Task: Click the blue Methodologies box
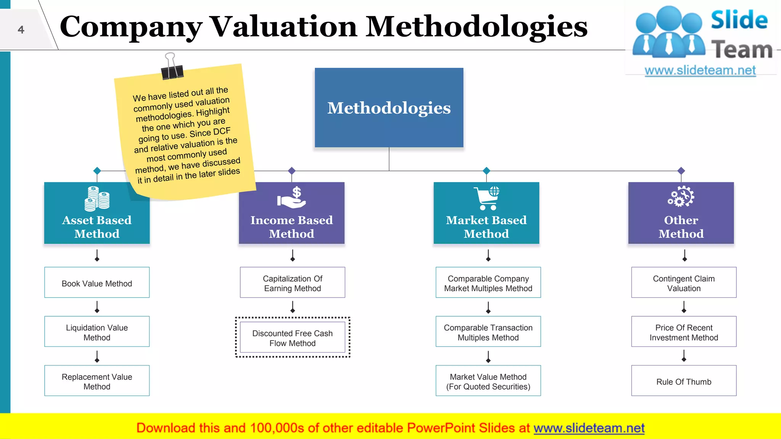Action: pyautogui.click(x=389, y=107)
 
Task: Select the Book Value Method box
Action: pyautogui.click(x=97, y=282)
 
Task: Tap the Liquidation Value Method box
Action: pyautogui.click(x=97, y=332)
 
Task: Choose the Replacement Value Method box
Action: pyautogui.click(x=97, y=381)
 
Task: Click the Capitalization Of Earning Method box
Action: pyautogui.click(x=292, y=282)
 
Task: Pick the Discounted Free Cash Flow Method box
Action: pyautogui.click(x=292, y=337)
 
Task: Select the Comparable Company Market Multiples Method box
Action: pyautogui.click(x=488, y=282)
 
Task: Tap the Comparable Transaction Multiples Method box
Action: pyautogui.click(x=488, y=332)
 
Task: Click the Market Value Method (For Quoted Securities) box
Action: pyautogui.click(x=488, y=381)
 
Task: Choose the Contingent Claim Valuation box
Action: pyautogui.click(x=684, y=282)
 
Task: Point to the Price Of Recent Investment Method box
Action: pyautogui.click(x=684, y=332)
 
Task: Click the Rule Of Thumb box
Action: pyautogui.click(x=684, y=381)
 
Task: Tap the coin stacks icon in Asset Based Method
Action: pyautogui.click(x=97, y=199)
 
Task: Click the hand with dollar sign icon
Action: pyautogui.click(x=292, y=198)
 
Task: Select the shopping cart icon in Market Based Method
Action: pyautogui.click(x=487, y=198)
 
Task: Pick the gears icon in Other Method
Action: pyautogui.click(x=681, y=197)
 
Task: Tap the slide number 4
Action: pyautogui.click(x=21, y=30)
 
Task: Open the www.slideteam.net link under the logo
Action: pyautogui.click(x=700, y=70)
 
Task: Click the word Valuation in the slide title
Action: pyautogui.click(x=284, y=27)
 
